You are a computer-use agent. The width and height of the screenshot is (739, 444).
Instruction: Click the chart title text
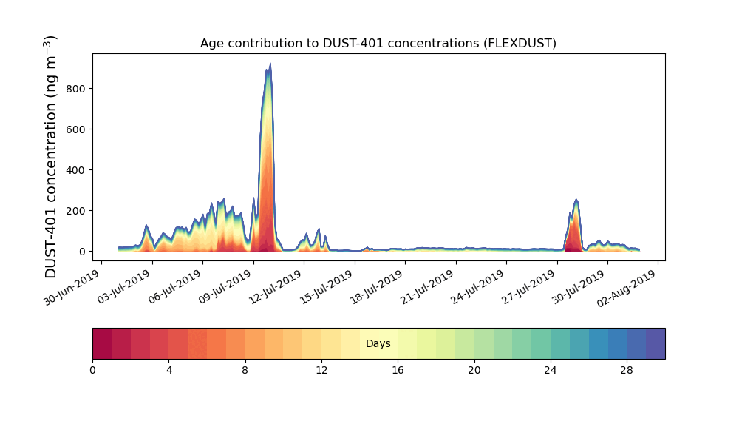pos(378,44)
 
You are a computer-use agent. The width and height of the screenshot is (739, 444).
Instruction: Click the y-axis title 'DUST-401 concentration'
pos(51,157)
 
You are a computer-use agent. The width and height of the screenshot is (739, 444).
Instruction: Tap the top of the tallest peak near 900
pos(270,64)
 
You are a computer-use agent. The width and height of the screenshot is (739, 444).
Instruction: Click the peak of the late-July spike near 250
pos(576,200)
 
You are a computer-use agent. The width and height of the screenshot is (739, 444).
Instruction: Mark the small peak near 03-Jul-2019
pos(146,225)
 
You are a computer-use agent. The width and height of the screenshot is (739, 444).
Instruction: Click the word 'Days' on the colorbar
pos(378,344)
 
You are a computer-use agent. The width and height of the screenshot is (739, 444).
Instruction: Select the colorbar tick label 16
pos(398,370)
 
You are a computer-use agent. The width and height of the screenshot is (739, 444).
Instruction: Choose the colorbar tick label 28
pos(627,370)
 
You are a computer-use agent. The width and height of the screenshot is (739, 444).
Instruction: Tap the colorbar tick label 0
pos(92,370)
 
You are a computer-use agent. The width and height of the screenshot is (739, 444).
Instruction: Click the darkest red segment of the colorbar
pos(102,343)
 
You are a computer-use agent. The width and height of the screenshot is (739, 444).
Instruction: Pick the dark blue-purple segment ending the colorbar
pos(655,343)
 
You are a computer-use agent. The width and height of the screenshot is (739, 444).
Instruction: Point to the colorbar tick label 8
pos(245,370)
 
